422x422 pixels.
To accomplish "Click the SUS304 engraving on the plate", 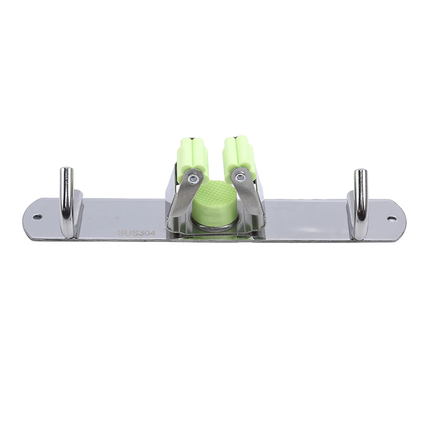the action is pos(136,233).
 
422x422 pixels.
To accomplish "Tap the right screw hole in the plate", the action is pos(391,219).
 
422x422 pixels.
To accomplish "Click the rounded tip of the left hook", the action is pos(65,170).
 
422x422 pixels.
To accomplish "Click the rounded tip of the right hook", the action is pos(360,172).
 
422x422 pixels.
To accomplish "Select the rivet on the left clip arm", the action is pos(193,178).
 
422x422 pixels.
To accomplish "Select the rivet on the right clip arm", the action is pos(238,177).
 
